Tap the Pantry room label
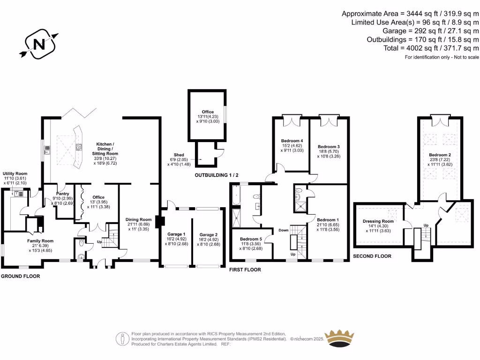tap(63, 194)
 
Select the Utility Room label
tap(15, 173)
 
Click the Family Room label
tap(40, 240)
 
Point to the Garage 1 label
tap(176, 234)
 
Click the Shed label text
tap(179, 155)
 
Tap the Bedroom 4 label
tap(292, 141)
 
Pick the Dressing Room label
tap(378, 221)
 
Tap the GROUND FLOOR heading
tap(20, 277)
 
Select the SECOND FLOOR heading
tap(372, 256)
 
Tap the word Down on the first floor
tap(284, 230)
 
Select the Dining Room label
tap(139, 219)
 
